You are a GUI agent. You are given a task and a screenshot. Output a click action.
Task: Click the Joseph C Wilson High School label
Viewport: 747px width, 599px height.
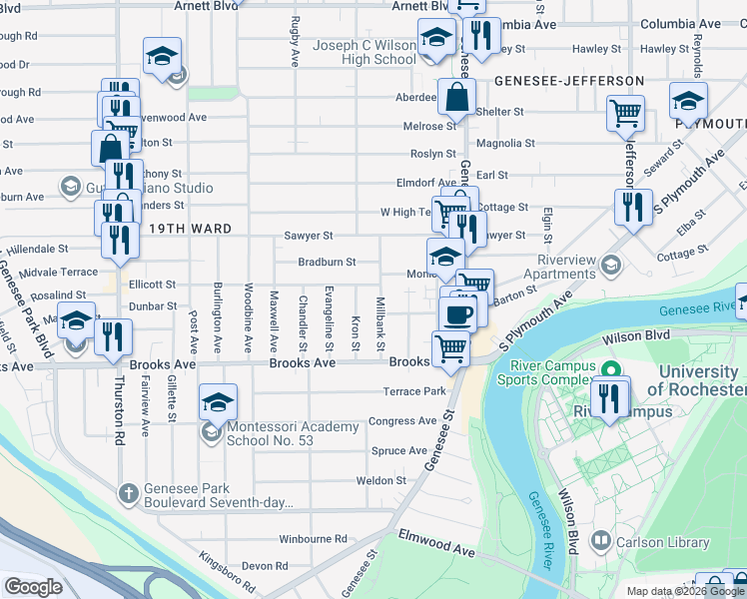click(365, 52)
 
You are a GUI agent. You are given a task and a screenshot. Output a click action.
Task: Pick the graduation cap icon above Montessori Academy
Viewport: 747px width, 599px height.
click(218, 402)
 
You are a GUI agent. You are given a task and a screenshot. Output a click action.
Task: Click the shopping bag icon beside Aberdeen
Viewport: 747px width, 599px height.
click(455, 97)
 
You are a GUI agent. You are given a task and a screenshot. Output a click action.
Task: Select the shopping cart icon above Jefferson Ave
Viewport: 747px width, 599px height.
click(625, 114)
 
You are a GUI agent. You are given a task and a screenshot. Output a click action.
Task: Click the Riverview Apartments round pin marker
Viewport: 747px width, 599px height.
click(610, 266)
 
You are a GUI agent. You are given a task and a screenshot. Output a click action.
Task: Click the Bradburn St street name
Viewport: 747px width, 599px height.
click(327, 263)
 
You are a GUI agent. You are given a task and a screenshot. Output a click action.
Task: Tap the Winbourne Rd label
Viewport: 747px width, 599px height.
click(313, 539)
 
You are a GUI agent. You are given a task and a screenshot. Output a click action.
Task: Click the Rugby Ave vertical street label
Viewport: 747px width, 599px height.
click(295, 41)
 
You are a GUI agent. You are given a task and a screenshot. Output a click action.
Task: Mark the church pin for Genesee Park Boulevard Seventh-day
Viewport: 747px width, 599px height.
click(128, 492)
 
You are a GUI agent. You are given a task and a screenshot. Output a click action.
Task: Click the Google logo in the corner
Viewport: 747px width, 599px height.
click(33, 587)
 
